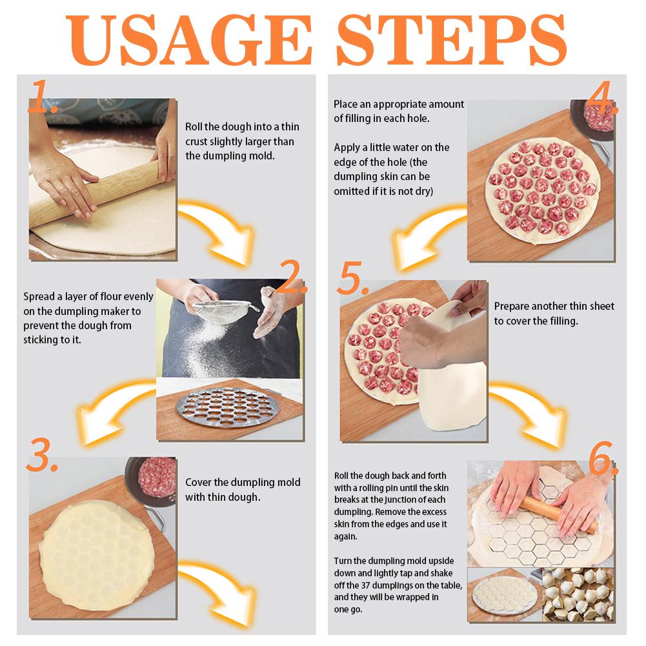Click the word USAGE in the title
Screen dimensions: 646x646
[x=188, y=39]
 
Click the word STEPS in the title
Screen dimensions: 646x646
[x=452, y=39]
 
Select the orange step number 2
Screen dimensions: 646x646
[x=294, y=276]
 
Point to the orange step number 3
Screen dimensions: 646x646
[x=42, y=455]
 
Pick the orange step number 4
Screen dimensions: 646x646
[x=602, y=97]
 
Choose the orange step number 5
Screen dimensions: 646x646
[x=352, y=278]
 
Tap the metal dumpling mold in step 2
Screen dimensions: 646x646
[x=225, y=408]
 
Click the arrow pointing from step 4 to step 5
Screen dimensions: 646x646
[x=425, y=237]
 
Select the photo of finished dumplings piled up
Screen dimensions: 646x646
[x=578, y=594]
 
